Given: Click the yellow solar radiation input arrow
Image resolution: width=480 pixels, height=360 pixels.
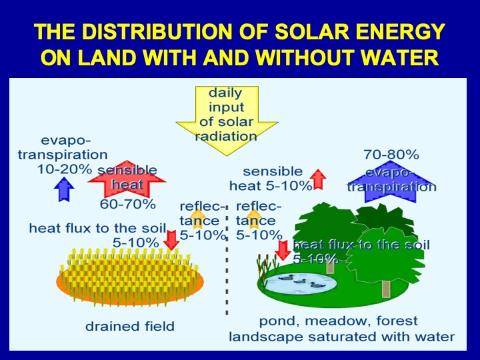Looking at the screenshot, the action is pos(227,120).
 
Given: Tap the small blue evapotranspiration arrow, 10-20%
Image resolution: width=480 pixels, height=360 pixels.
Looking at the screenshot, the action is pos(64,189).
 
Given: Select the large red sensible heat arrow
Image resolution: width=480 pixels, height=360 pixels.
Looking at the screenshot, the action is pos(127,179).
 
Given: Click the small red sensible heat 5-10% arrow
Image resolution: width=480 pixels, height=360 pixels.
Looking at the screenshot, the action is pos(318,179).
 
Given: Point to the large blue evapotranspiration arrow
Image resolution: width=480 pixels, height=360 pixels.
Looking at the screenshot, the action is pos(391,182).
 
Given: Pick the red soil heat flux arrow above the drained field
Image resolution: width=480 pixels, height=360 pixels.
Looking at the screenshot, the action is pos(171,240).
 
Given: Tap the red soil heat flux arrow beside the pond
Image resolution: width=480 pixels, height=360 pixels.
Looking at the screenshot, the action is pos(283,251).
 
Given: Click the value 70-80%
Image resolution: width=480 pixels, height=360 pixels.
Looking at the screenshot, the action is pos(391,155).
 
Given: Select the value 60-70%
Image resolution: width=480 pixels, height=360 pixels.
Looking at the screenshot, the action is pos(127,204).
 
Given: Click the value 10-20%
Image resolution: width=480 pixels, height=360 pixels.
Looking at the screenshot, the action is pos(65,169).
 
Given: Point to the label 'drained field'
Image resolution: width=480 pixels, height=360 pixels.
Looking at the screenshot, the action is pos(130,326).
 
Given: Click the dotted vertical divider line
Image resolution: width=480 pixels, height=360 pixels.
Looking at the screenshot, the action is pos(227,260).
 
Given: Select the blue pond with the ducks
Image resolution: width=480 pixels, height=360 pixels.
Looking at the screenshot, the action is pos(300,283).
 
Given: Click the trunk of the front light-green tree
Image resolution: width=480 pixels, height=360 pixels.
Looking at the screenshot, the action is pos(386,289).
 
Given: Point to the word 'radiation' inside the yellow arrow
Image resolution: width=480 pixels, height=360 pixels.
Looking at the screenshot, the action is pos(226,136).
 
